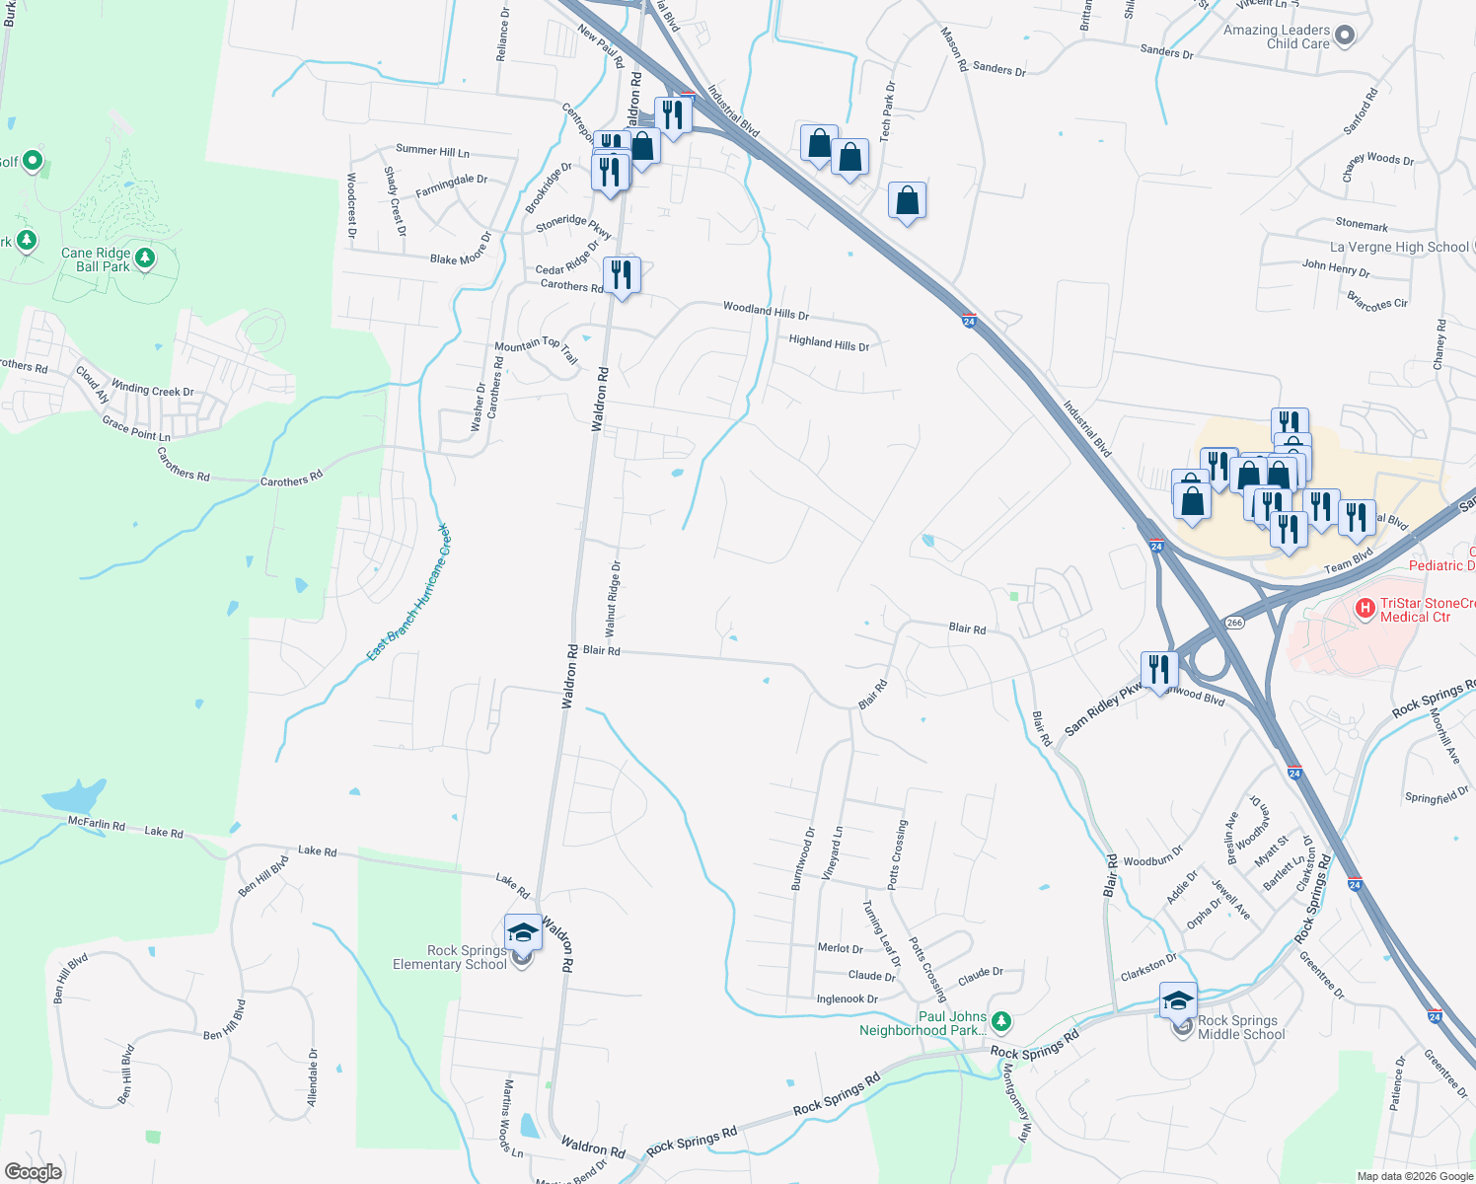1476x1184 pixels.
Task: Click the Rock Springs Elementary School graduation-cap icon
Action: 522,932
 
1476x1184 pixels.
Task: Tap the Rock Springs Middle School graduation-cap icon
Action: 1178,1000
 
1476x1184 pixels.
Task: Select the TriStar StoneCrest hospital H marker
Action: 1365,608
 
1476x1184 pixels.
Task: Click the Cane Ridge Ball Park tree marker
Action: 145,259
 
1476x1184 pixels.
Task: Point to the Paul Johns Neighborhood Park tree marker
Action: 1001,1020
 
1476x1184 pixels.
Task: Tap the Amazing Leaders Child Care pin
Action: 1344,36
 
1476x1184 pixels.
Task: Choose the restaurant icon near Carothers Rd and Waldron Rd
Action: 622,274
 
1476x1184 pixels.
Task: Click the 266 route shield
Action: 1235,623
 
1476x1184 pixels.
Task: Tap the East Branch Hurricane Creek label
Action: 408,592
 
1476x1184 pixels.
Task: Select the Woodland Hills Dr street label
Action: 766,311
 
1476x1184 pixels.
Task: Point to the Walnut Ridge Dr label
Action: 613,599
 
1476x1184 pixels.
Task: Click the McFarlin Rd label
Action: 97,824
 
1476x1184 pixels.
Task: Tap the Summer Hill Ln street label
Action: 432,151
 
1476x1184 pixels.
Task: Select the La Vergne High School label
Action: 1399,247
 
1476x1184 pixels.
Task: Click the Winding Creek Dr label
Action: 152,389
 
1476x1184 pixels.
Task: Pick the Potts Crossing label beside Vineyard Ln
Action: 896,854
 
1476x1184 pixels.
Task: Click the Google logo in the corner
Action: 34,1171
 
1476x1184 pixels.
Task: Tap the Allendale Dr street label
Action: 313,1077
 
